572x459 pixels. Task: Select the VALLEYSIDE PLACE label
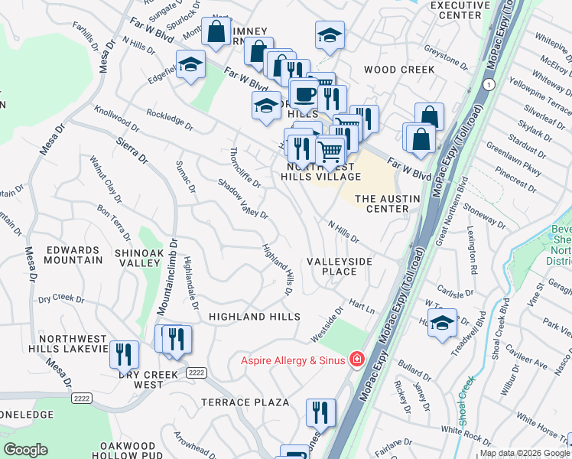(340, 267)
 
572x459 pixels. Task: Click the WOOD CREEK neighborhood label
(398, 70)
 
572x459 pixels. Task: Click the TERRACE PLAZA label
(245, 402)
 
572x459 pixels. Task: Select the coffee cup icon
(304, 94)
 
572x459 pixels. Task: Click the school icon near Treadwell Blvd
(442, 324)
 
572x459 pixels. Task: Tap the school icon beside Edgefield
(190, 65)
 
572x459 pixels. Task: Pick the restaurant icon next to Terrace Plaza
(321, 413)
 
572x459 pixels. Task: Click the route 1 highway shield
(489, 83)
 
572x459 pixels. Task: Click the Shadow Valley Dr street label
(242, 199)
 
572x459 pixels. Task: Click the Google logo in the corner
(26, 450)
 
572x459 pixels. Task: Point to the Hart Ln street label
(362, 305)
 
